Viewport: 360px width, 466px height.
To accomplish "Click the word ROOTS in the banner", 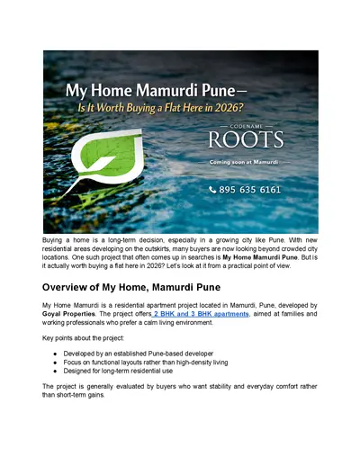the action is pyautogui.click(x=246, y=140).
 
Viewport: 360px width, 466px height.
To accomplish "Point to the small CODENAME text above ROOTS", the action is pyautogui.click(x=246, y=126).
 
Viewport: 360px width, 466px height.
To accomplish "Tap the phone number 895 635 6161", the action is pyautogui.click(x=250, y=190).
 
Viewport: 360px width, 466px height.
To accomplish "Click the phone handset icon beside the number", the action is pyautogui.click(x=212, y=190).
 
